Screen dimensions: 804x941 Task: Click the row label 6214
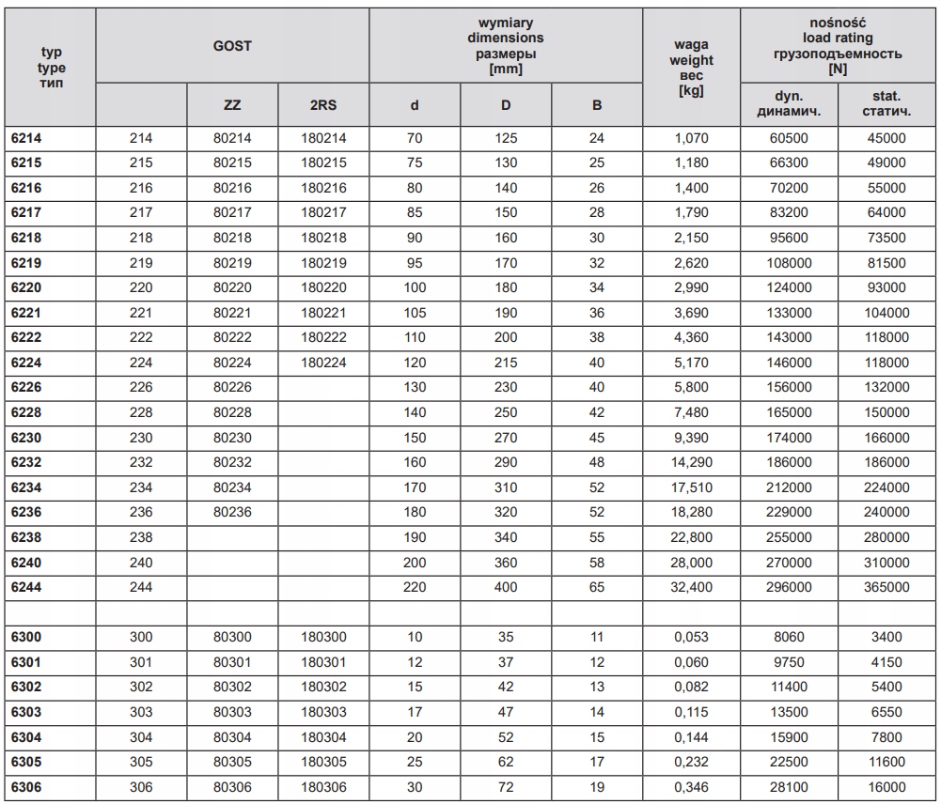[x=26, y=138]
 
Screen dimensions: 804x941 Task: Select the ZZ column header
[x=232, y=104]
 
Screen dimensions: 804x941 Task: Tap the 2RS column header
[x=323, y=104]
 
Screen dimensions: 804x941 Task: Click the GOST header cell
[x=232, y=45]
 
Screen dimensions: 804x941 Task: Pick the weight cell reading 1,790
[x=691, y=212]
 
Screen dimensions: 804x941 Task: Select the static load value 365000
[x=886, y=587]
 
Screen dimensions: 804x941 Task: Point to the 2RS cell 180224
[x=323, y=363]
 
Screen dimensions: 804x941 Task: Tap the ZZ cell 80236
[x=232, y=512]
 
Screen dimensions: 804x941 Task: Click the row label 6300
[x=26, y=637]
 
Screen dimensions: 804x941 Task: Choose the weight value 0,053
[x=691, y=637]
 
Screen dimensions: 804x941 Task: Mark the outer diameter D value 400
[x=506, y=587]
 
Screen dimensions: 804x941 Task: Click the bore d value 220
[x=415, y=587]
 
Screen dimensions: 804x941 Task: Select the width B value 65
[x=597, y=587]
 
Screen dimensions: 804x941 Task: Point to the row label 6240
[x=26, y=562]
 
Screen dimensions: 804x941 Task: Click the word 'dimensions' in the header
[x=506, y=38]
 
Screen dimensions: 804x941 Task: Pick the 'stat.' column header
[x=886, y=96]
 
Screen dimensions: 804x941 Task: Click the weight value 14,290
[x=691, y=462]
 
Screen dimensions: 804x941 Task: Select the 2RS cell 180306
[x=323, y=787]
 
